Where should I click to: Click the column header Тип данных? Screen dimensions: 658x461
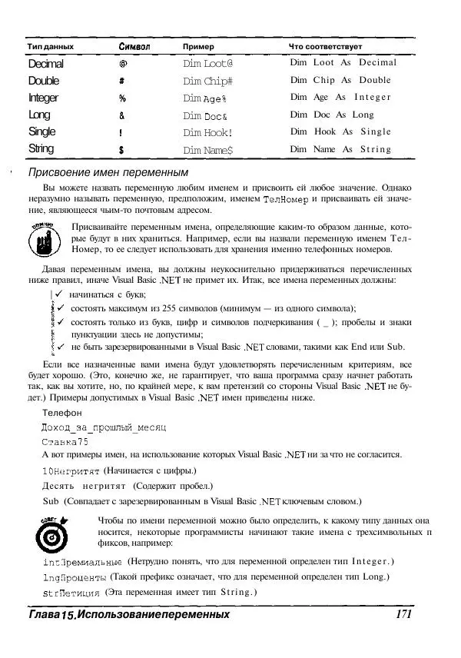pos(51,47)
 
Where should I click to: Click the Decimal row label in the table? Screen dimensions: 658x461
pos(45,64)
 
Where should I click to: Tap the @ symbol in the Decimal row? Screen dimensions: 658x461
pos(122,64)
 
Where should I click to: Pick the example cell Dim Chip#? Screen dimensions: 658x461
pos(202,81)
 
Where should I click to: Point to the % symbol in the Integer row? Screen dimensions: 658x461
pos(122,98)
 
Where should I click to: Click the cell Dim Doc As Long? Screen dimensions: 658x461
pos(331,115)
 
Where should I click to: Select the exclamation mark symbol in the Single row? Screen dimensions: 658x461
pos(122,131)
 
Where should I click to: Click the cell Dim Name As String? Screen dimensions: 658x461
pos(340,149)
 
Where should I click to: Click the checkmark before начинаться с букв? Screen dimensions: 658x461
pos(59,294)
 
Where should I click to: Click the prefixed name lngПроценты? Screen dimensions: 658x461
pos(75,577)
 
